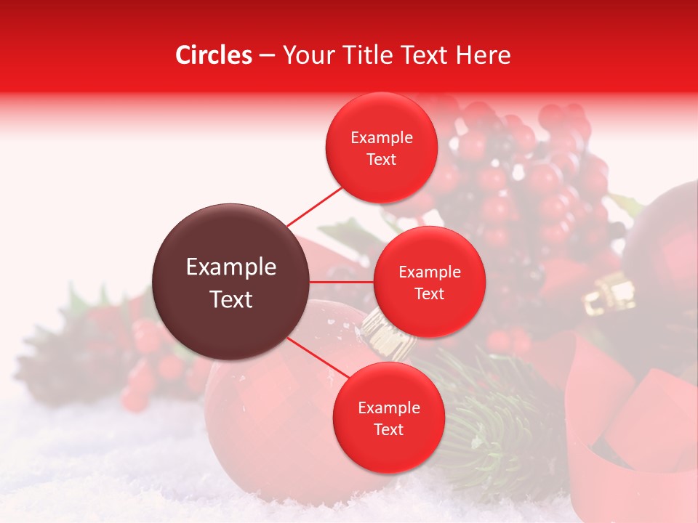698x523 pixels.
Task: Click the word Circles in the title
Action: [x=214, y=55]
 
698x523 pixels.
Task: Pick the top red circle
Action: [x=382, y=148]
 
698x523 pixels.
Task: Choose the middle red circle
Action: [x=430, y=283]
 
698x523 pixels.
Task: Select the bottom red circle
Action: [x=388, y=418]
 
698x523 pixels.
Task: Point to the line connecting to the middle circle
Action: [x=341, y=282]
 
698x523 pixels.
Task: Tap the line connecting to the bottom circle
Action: [x=313, y=358]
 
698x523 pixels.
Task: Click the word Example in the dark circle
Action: [x=231, y=267]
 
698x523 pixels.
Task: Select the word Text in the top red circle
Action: [x=382, y=160]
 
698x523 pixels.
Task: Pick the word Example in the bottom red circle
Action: [x=389, y=408]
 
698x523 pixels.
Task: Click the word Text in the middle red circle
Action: [x=430, y=294]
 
